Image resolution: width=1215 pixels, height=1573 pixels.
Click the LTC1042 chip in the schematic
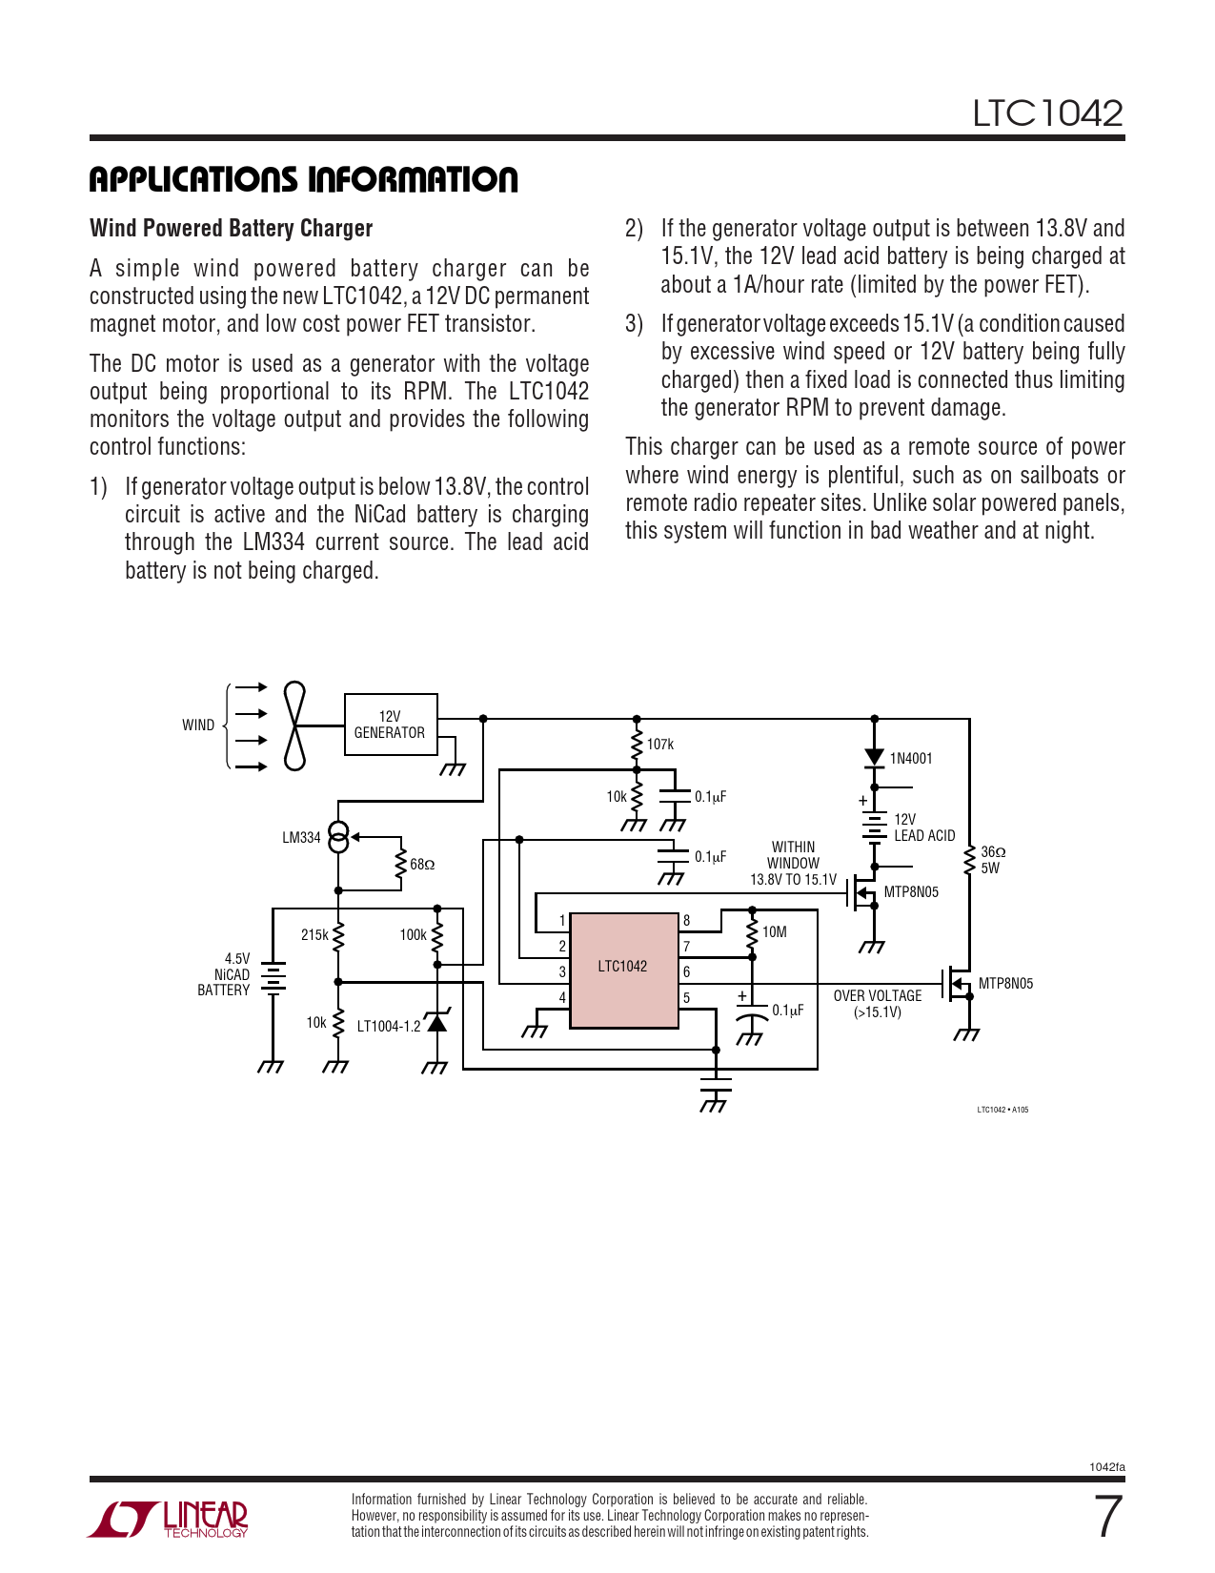click(624, 970)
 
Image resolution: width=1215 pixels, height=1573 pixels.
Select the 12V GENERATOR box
click(391, 725)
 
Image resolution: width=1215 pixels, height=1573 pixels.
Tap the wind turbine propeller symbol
click(295, 725)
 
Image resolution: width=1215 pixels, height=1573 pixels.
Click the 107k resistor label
click(660, 744)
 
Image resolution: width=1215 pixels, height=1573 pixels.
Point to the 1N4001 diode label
click(911, 759)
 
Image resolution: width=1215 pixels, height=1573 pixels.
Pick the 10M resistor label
click(775, 932)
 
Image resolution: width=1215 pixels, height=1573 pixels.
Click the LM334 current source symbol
click(338, 837)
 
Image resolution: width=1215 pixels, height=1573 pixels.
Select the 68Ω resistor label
click(422, 865)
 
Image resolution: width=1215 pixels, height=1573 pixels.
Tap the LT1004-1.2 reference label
click(389, 1027)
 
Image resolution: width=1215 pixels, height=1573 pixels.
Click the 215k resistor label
click(314, 935)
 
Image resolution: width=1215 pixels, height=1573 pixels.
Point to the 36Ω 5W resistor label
click(993, 860)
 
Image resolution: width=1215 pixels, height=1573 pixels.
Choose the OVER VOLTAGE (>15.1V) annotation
click(878, 1004)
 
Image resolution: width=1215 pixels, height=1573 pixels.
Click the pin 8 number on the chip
click(686, 920)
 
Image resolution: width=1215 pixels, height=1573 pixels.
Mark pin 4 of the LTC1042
click(562, 998)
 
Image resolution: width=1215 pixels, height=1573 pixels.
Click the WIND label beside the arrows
click(198, 725)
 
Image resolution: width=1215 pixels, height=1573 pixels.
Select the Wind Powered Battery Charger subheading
click(231, 229)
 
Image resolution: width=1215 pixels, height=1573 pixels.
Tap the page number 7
click(1107, 1517)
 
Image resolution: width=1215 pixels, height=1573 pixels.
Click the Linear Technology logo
click(170, 1518)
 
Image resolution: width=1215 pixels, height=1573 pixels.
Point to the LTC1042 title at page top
click(1047, 113)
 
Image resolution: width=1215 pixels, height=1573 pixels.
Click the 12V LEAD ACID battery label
click(923, 827)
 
